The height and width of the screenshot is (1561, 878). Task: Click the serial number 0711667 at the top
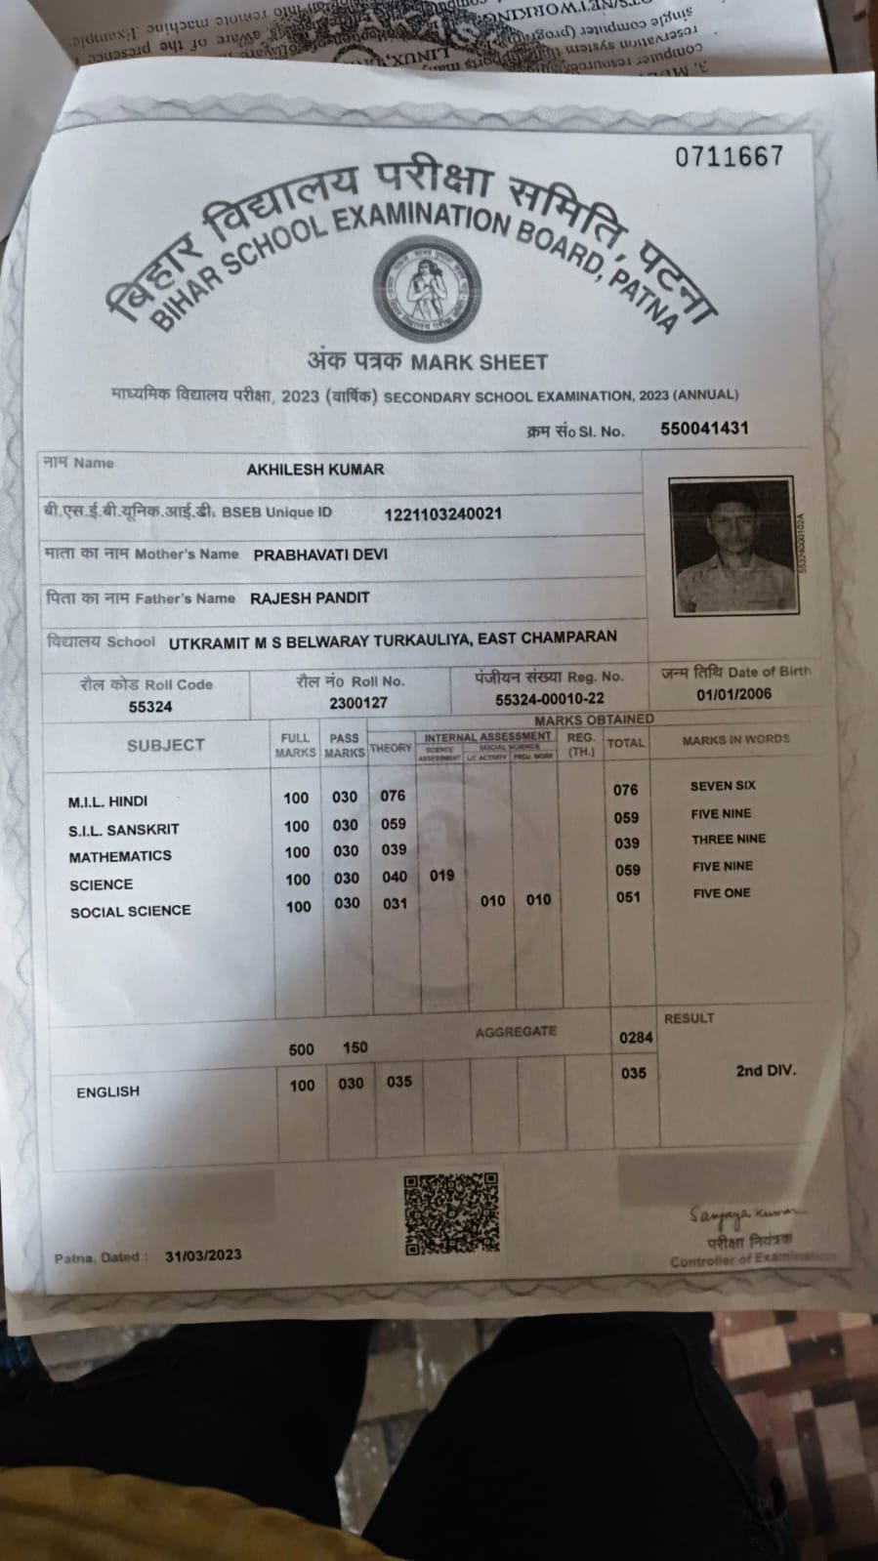coord(729,156)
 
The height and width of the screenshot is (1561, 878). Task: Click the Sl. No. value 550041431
coord(704,429)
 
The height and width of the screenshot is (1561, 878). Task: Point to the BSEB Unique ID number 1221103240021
coord(442,513)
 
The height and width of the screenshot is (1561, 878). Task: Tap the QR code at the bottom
coord(451,1213)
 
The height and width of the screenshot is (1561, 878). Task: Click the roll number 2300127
coord(357,703)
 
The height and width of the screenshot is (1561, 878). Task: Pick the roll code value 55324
coord(149,707)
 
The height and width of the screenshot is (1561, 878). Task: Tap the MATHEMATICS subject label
coord(120,856)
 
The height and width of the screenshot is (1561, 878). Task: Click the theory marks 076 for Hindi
coord(393,796)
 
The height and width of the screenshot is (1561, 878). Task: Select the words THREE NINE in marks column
coord(728,839)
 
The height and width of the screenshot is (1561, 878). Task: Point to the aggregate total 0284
coord(635,1038)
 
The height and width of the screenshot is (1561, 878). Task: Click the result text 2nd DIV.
coord(765,1071)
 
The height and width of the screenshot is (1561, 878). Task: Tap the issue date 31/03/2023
coord(203,1255)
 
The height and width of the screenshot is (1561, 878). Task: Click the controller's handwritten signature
coord(746,1214)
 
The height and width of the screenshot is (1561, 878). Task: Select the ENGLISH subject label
coord(107,1091)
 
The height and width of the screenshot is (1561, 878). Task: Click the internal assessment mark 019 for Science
coord(441,876)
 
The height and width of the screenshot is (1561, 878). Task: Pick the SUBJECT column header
coord(165,745)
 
